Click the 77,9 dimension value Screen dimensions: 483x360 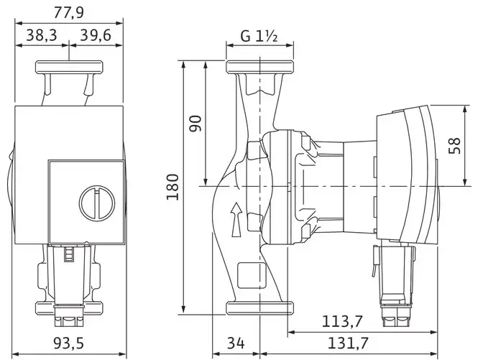(69, 13)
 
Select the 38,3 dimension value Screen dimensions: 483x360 (42, 35)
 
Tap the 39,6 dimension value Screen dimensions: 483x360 (96, 35)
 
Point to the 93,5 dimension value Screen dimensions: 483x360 (69, 343)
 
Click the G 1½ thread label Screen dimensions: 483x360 (259, 36)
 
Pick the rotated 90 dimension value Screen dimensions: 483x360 (195, 123)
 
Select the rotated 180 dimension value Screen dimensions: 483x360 (172, 187)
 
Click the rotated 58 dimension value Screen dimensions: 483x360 (455, 145)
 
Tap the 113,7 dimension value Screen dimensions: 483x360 (342, 321)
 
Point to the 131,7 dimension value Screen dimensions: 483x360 (348, 343)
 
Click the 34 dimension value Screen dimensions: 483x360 (236, 343)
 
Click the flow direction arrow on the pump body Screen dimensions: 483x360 (236, 220)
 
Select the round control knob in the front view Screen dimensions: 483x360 (97, 203)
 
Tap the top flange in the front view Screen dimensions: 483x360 (69, 67)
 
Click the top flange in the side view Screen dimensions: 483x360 (259, 67)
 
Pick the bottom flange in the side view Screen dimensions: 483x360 (259, 308)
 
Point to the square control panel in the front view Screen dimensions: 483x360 (86, 202)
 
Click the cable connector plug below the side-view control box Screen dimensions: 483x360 (395, 283)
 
